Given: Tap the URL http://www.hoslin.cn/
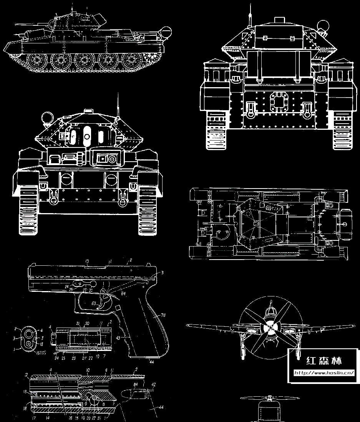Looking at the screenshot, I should pos(324,372).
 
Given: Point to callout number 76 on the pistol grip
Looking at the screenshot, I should pos(163,316).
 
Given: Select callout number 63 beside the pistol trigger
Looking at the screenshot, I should pos(93,303).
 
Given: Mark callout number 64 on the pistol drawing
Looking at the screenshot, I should pos(123,294).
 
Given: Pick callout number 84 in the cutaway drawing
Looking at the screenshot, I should pos(135,384).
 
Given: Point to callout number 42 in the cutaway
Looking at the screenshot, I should pos(153,384).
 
